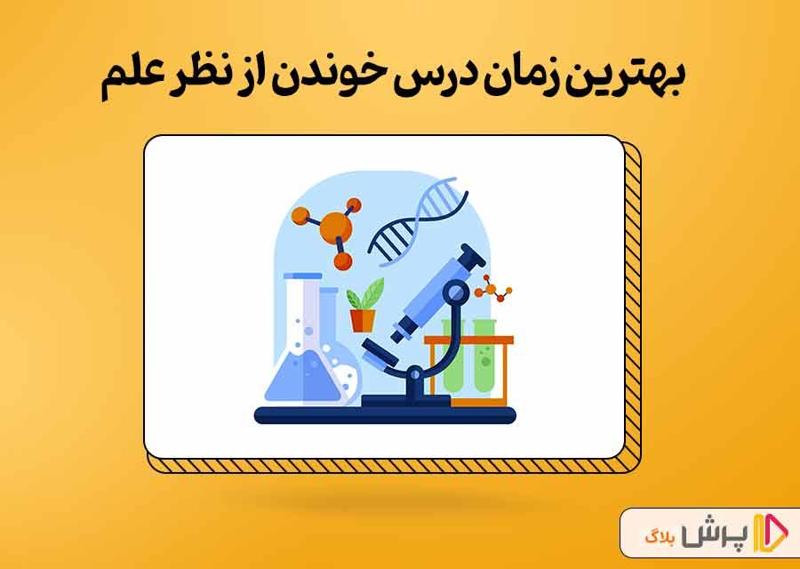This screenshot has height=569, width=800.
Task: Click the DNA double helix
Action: [418, 221]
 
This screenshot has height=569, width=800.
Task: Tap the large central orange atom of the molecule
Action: [335, 227]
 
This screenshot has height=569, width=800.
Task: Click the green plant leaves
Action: [364, 294]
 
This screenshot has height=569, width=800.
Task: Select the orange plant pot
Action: [363, 320]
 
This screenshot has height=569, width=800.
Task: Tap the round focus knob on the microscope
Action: [455, 293]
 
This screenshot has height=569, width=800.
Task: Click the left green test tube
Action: [453, 357]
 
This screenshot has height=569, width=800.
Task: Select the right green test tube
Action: [484, 357]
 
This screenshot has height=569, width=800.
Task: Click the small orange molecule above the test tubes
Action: [492, 289]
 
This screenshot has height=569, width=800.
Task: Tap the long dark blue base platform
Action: [385, 415]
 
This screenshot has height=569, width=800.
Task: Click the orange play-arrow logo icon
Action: [771, 533]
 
